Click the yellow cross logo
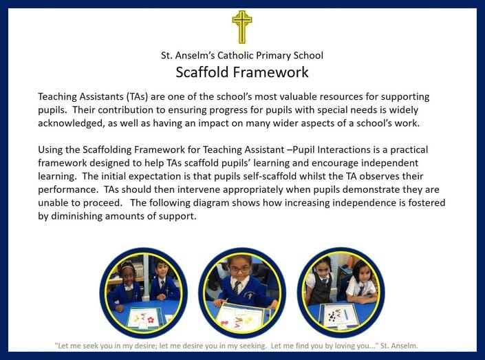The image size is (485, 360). [242, 27]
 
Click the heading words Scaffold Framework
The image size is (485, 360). [242, 72]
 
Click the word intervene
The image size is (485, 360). [200, 189]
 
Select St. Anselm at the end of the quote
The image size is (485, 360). [399, 346]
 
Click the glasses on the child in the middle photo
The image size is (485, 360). [239, 269]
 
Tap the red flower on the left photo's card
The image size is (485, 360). [151, 320]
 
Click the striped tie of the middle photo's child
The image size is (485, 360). [236, 288]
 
